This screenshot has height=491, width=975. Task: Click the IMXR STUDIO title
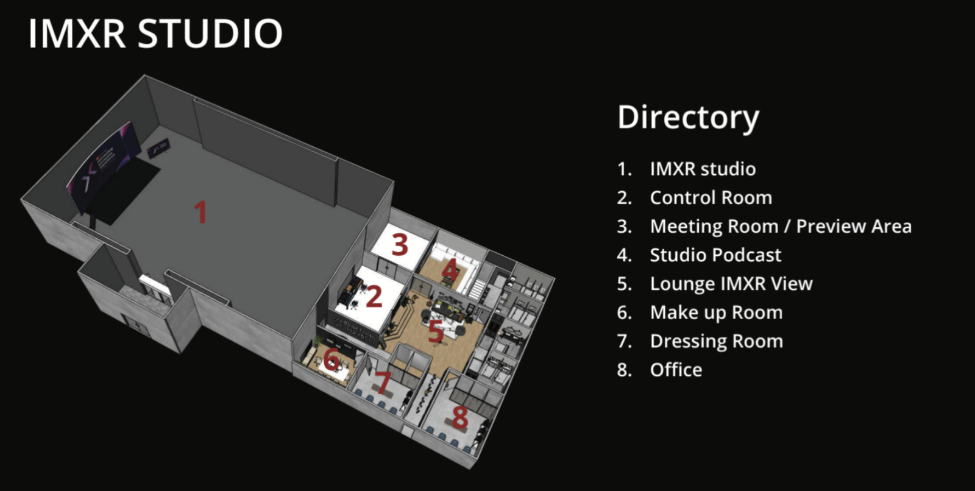pyautogui.click(x=155, y=33)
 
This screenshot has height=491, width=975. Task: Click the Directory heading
pyautogui.click(x=688, y=118)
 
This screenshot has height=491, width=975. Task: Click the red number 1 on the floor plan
pyautogui.click(x=200, y=212)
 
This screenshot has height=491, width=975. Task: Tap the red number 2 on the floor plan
pyautogui.click(x=374, y=297)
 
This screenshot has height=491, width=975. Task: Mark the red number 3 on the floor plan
pyautogui.click(x=400, y=244)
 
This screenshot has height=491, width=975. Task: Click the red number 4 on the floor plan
pyautogui.click(x=450, y=269)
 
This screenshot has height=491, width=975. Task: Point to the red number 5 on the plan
pyautogui.click(x=436, y=331)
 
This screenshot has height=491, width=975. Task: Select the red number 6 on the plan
pyautogui.click(x=331, y=359)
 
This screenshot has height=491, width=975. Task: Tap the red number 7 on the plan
pyautogui.click(x=383, y=383)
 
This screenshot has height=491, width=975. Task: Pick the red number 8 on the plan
pyautogui.click(x=459, y=417)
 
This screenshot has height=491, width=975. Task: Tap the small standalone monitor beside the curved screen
pyautogui.click(x=158, y=149)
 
